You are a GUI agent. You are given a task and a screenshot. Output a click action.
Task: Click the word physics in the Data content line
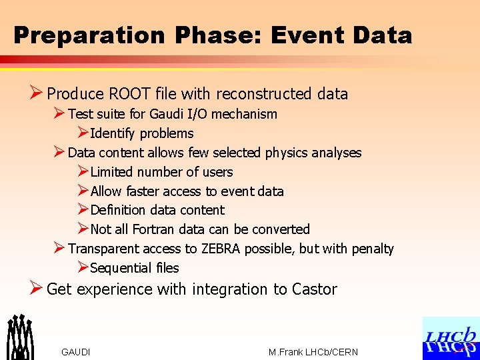(289, 153)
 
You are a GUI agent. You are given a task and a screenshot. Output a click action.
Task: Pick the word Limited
(114, 172)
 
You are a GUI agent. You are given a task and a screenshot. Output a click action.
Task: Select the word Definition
(120, 210)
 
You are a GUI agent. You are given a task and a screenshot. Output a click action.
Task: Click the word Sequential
(121, 268)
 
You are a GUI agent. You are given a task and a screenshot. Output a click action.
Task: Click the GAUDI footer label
(75, 352)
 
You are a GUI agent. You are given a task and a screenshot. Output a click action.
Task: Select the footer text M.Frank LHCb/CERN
(313, 352)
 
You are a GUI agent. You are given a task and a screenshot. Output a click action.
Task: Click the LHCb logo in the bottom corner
(451, 339)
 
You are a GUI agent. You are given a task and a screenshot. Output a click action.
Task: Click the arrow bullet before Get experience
(36, 289)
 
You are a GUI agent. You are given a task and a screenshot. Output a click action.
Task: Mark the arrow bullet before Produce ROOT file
(36, 93)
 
